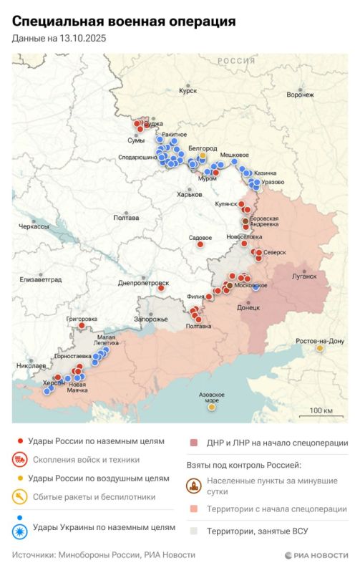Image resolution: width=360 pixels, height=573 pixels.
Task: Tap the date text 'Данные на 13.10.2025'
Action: [59, 40]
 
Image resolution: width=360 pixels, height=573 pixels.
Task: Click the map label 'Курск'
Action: [188, 91]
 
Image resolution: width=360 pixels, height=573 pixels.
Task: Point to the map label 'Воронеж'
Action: [299, 95]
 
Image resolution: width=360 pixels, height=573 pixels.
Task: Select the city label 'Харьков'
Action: [190, 194]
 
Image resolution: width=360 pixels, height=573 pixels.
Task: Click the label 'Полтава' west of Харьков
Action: [126, 218]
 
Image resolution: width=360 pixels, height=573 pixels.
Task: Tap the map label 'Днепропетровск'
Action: [143, 283]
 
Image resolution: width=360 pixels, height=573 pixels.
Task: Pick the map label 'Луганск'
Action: [304, 276]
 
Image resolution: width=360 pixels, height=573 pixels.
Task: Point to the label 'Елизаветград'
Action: [41, 278]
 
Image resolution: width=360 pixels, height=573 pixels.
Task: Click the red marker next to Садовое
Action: [201, 245]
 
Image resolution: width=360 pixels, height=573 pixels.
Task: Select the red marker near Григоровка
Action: [82, 325]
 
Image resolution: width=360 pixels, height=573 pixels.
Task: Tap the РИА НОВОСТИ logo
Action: [316, 555]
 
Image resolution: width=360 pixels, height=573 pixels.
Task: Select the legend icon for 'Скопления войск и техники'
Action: [21, 460]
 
